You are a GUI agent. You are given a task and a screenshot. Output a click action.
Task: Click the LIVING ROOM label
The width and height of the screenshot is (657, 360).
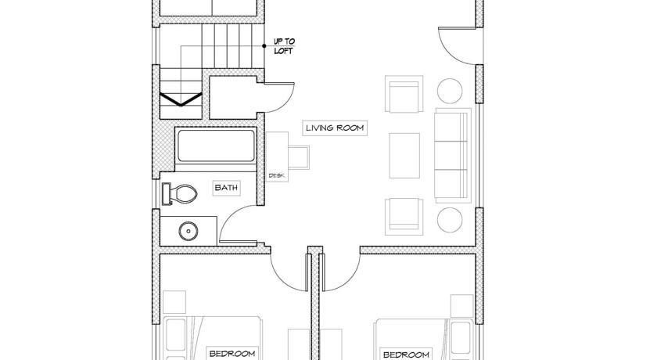(335, 128)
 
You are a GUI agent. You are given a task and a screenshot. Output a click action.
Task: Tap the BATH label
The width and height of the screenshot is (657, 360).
(226, 187)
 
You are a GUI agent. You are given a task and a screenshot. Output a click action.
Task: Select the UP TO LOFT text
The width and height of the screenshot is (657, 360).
(285, 46)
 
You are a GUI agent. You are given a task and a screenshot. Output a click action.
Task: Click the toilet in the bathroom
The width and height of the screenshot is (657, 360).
(179, 194)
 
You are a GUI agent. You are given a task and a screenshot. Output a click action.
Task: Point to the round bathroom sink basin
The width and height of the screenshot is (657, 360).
(188, 231)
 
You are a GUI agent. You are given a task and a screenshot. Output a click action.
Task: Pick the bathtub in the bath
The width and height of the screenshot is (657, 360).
(216, 146)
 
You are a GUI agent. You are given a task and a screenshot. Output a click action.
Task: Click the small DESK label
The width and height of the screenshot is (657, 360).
(276, 175)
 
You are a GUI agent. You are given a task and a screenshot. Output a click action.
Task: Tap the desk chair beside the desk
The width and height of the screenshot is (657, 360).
(299, 157)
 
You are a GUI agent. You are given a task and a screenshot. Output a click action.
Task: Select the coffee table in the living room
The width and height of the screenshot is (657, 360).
(404, 156)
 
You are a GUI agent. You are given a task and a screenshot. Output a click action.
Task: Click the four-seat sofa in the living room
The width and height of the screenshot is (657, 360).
(453, 156)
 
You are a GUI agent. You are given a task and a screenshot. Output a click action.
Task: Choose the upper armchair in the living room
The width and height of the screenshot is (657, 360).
(404, 94)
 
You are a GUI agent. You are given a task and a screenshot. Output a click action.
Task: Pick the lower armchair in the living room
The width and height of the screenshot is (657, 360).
(404, 217)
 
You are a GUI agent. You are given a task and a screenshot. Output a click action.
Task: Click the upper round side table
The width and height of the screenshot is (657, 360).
(450, 91)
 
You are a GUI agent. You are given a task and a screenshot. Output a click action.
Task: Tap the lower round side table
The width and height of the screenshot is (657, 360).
(450, 220)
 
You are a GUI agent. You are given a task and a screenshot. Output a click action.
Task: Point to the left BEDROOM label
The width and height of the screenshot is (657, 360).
(232, 354)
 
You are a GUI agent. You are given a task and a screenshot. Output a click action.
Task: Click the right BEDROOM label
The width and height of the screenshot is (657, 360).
(406, 355)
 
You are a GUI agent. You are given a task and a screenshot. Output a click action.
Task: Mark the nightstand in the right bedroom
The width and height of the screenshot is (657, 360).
(462, 305)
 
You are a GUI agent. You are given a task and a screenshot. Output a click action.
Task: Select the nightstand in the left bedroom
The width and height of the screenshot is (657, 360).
(174, 302)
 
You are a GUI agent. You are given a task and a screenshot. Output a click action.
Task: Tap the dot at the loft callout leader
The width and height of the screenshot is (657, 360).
(264, 46)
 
